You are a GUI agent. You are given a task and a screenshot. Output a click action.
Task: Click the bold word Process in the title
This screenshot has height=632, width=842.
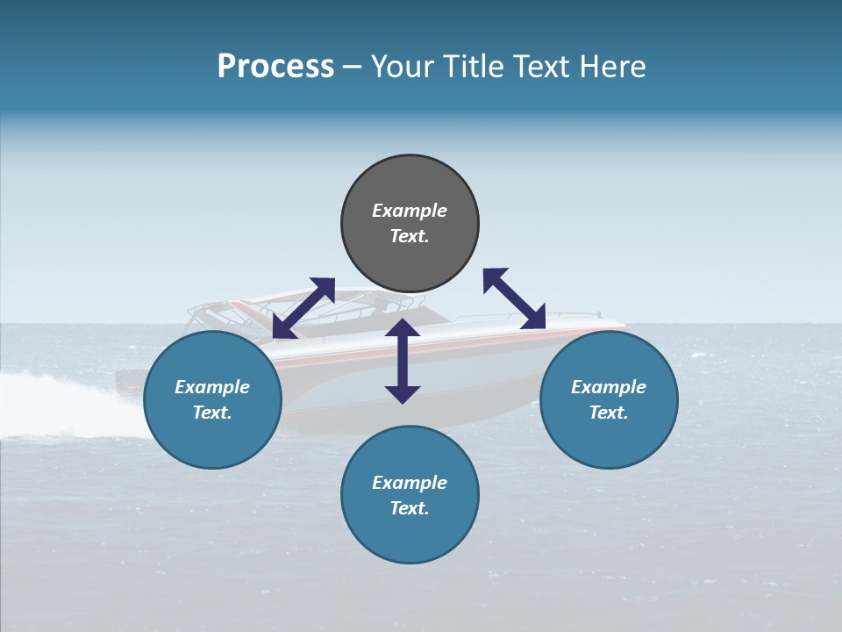tap(275, 67)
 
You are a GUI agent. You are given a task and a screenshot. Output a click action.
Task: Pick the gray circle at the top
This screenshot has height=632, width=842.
tap(410, 184)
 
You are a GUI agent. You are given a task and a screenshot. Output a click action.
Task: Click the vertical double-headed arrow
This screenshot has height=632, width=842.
tap(403, 361)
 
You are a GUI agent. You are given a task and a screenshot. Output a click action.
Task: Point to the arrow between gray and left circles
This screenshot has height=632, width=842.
tap(303, 308)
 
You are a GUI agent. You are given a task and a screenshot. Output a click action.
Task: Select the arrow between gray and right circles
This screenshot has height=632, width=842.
tap(514, 298)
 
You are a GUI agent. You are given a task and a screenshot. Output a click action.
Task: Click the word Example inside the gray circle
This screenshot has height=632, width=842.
tap(410, 211)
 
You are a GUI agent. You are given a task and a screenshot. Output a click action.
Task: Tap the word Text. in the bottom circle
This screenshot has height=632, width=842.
tap(410, 508)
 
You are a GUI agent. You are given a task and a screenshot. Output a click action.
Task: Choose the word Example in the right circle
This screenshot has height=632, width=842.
tap(609, 387)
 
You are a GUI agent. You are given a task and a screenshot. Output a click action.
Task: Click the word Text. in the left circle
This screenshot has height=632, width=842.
tap(212, 413)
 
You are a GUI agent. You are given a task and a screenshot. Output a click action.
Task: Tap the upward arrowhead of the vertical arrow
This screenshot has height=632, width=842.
tap(403, 327)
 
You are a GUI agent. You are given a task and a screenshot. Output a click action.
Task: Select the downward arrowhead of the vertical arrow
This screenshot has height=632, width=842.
tap(403, 394)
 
